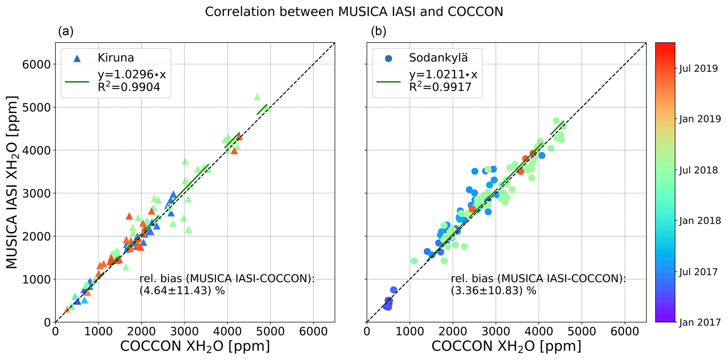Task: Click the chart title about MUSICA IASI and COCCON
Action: click(354, 12)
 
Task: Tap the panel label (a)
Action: click(66, 32)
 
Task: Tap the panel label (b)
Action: click(378, 32)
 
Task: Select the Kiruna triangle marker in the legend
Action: click(77, 58)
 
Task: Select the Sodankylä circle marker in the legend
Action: click(388, 58)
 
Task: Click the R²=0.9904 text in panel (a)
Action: click(129, 87)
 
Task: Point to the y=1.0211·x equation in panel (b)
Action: click(443, 75)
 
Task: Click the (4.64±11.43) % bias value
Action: click(182, 291)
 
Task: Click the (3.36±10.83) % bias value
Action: click(493, 291)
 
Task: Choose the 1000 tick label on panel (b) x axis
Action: click(409, 332)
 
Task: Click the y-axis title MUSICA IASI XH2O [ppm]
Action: click(12, 182)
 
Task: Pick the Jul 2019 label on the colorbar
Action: click(698, 69)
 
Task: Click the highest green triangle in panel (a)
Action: click(257, 97)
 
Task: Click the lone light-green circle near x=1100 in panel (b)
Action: click(414, 261)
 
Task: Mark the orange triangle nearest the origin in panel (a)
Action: click(67, 309)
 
